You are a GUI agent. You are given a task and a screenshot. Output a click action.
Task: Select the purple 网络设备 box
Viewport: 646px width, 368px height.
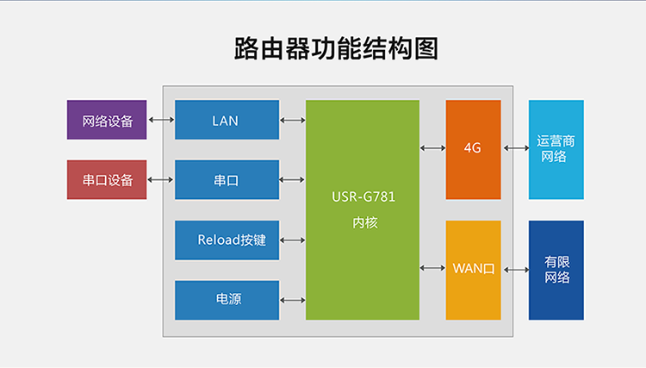coord(107,120)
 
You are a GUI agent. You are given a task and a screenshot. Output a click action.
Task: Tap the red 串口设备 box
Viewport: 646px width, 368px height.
coord(107,180)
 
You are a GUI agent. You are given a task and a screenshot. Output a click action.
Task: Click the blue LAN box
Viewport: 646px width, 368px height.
coord(227,120)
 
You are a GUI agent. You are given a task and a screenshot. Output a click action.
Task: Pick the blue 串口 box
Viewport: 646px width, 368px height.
coord(227,180)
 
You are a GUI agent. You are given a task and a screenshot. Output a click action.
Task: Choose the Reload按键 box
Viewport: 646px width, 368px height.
coord(227,240)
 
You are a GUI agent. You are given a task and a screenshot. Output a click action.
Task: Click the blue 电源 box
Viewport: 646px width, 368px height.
coord(227,300)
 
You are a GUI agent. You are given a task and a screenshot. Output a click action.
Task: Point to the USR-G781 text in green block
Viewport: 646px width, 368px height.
coord(363,196)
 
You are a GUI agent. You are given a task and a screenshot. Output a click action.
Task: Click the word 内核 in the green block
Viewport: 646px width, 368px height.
coord(363,222)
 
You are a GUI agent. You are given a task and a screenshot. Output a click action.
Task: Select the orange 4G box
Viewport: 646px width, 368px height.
coord(473,149)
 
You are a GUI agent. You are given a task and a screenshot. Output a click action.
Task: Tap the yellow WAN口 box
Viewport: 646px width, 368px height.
coord(473,269)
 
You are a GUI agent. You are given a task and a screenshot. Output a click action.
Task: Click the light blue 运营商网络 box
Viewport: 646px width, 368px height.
coord(556,149)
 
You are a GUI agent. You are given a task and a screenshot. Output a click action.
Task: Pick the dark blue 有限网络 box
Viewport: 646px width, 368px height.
coord(556,269)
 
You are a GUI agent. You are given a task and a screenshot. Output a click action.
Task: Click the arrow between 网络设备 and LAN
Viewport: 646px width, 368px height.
coord(160,120)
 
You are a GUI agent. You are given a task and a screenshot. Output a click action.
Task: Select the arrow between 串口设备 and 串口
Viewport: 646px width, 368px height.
coord(160,180)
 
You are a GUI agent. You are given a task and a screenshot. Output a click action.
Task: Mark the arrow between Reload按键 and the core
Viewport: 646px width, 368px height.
coord(292,240)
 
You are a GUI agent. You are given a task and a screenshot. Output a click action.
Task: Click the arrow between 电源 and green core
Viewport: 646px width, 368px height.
coord(292,300)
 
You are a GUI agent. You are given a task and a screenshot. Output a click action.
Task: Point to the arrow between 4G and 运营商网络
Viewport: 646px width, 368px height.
coord(515,149)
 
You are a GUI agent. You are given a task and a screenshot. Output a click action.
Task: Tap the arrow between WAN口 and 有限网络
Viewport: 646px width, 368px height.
coord(515,269)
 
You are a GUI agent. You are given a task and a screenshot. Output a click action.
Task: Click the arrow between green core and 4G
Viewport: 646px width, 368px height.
coord(432,149)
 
